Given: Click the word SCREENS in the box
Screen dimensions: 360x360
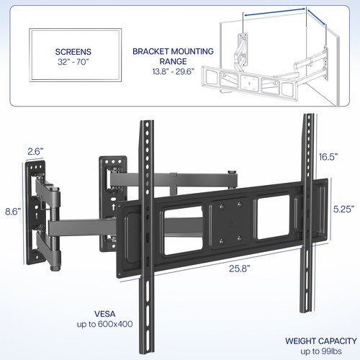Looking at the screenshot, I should coord(72,52).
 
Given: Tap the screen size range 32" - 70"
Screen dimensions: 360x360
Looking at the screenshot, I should coord(72,63).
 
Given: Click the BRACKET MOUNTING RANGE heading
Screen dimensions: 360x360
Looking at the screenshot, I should coord(174,57).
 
